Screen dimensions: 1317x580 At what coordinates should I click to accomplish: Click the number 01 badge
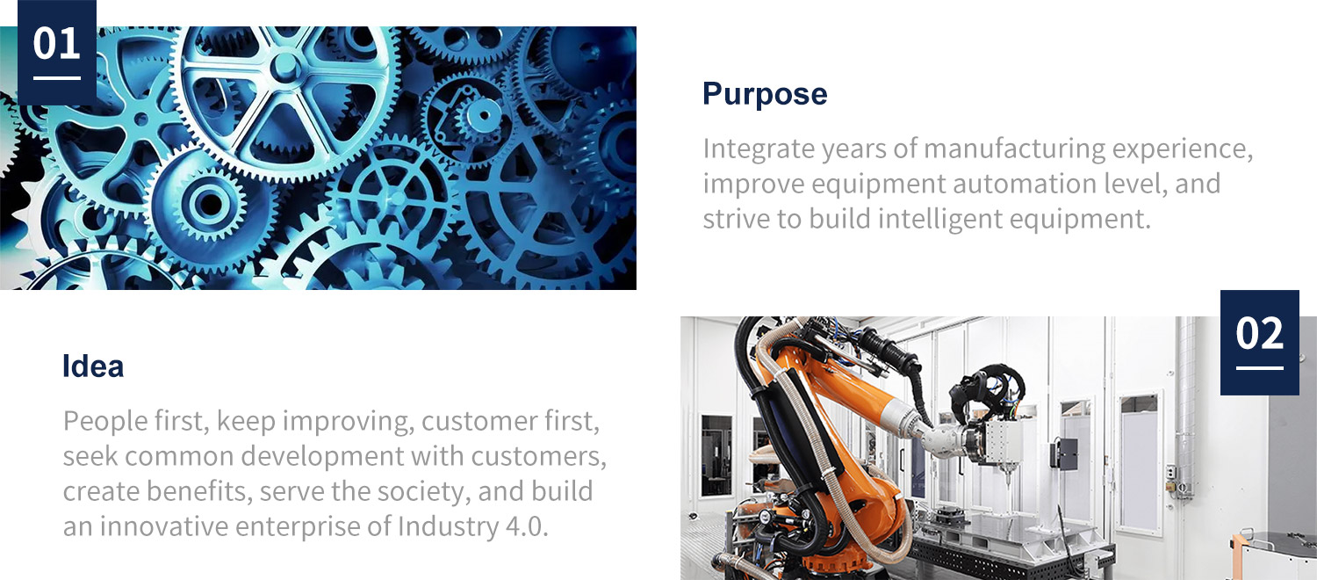coord(57,53)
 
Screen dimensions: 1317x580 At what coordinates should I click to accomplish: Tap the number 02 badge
coord(1259,343)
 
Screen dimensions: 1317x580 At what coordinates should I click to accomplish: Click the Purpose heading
coord(765,94)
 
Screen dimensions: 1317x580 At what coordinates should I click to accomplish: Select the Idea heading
coord(93,366)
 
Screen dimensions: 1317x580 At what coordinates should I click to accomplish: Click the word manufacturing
coord(1014,149)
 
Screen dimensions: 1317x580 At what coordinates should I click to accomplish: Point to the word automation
coord(1025,184)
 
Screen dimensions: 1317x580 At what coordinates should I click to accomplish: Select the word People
coord(105,421)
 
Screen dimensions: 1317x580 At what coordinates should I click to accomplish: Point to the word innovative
coord(164,526)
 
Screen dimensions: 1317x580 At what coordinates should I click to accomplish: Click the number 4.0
coord(527,526)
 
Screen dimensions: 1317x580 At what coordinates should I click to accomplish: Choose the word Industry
coord(448,527)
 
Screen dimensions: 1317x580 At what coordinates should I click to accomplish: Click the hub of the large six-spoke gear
coord(286,67)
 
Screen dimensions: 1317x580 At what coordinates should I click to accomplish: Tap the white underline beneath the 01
coord(57,77)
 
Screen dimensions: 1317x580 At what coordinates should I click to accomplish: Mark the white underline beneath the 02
coord(1259,368)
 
